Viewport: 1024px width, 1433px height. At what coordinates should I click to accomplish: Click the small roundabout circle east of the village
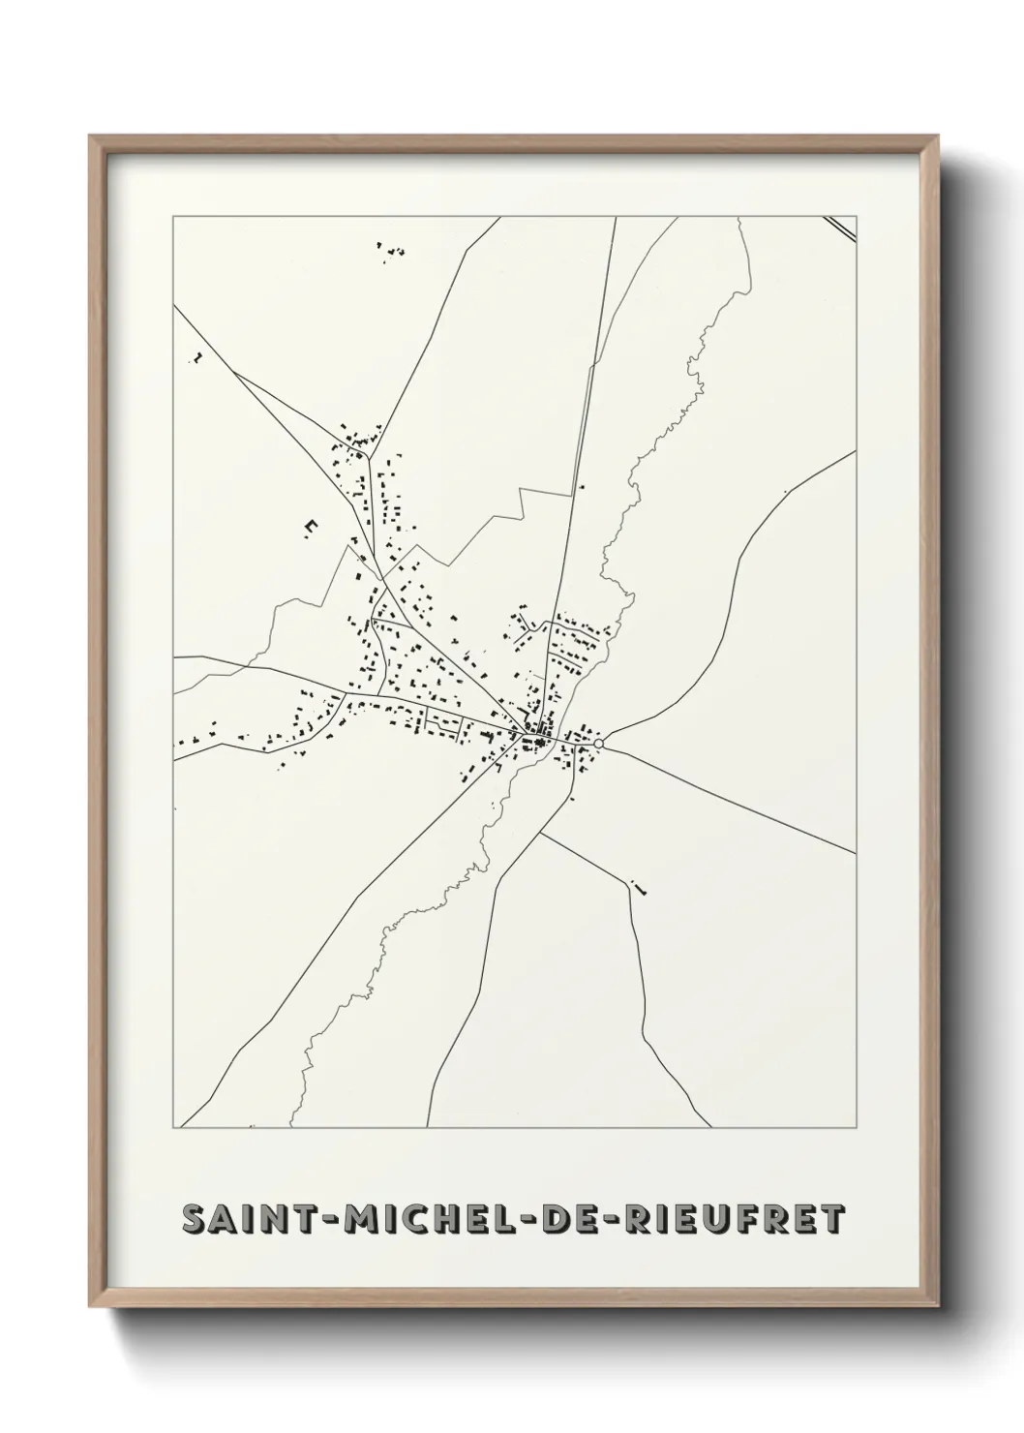599,743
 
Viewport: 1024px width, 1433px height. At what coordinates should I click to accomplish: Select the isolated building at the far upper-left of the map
196,358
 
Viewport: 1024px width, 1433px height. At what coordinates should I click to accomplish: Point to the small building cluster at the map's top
390,253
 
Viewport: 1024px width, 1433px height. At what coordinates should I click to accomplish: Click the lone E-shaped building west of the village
311,526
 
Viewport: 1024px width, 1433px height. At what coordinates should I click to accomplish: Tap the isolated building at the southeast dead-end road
639,886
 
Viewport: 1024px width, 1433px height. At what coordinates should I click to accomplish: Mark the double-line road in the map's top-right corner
842,227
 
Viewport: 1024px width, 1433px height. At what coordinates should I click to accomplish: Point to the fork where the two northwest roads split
235,373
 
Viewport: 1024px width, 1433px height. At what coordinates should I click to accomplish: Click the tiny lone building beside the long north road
582,487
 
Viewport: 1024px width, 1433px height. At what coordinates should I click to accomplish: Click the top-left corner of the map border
173,217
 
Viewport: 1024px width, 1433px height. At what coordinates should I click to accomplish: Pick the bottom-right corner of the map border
857,1128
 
